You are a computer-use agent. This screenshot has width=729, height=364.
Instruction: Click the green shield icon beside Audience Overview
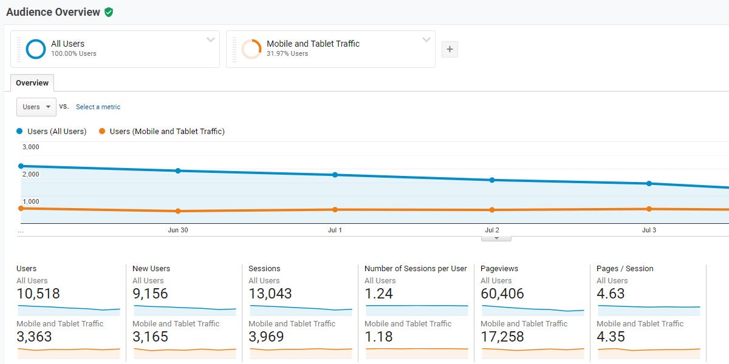tap(109, 12)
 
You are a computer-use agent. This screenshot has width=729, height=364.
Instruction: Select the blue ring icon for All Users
tap(36, 49)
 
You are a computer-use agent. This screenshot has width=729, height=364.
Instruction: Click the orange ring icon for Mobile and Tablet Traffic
tap(251, 49)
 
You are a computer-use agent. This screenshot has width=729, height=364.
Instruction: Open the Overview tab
tap(32, 83)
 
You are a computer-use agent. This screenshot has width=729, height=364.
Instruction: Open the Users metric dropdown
tap(36, 107)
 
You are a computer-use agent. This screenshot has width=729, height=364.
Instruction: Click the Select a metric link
tap(98, 107)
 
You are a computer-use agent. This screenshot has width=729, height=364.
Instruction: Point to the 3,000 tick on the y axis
tap(31, 147)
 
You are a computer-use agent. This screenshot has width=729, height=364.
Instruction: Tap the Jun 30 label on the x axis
tap(178, 231)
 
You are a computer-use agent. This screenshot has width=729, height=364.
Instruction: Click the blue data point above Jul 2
tap(492, 180)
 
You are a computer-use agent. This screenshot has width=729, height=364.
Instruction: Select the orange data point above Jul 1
tap(335, 210)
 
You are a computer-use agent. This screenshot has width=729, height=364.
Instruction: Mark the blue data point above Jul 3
tap(649, 183)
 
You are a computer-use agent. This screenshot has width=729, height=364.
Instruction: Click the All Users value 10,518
tap(38, 294)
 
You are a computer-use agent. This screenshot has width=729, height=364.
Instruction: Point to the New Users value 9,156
tap(150, 294)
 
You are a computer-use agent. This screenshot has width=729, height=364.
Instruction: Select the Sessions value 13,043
tap(270, 294)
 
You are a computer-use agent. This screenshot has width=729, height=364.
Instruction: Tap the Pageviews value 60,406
tap(502, 294)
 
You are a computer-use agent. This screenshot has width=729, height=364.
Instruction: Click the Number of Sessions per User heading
tap(416, 269)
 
